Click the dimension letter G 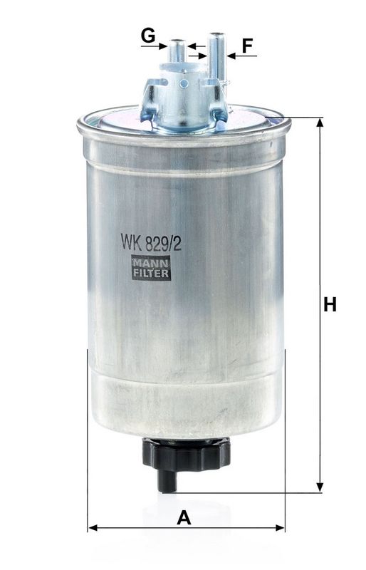point(148,34)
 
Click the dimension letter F point(247,46)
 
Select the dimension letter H point(329,305)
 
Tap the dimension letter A point(184,518)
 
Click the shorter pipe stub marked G point(177,51)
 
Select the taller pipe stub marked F point(216,50)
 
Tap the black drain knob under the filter point(187,453)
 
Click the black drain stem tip point(167,484)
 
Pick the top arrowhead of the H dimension point(320,123)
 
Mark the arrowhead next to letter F point(231,56)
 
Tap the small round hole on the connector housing point(184,83)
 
